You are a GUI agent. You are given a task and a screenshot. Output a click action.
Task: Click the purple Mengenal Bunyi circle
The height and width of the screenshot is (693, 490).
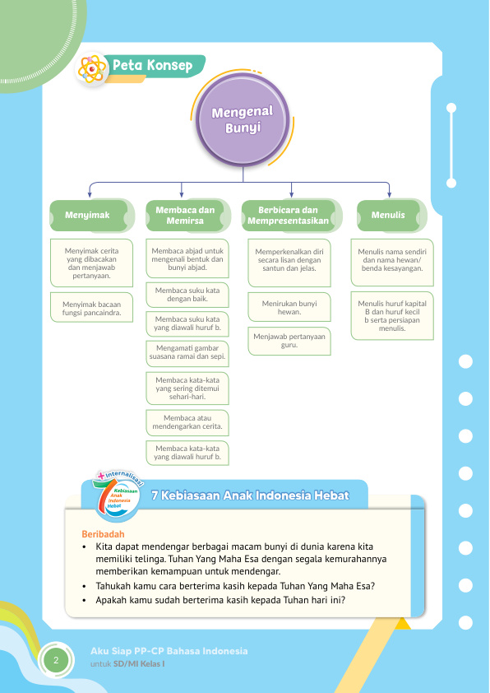click(x=243, y=120)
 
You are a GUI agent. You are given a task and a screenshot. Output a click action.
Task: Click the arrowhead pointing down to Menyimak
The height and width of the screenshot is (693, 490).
click(x=90, y=194)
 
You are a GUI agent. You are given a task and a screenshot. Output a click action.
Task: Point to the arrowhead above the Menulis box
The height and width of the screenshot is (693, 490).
click(x=389, y=194)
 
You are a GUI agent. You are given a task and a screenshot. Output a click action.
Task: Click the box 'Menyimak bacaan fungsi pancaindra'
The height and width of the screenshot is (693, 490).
click(x=91, y=308)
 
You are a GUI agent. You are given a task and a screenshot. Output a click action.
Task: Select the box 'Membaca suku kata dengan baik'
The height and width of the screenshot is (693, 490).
click(x=187, y=295)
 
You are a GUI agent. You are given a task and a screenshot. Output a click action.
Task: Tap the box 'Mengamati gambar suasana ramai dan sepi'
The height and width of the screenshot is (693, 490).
click(x=187, y=353)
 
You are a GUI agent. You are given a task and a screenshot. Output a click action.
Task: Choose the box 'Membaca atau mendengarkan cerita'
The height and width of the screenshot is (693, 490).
click(x=187, y=422)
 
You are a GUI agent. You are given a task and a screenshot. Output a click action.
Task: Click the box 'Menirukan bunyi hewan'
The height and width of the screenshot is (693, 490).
click(x=289, y=307)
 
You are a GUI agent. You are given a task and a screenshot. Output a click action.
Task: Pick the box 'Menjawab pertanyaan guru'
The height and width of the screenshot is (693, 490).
click(x=289, y=341)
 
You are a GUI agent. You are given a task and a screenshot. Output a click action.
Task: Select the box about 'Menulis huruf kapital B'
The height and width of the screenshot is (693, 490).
click(x=392, y=315)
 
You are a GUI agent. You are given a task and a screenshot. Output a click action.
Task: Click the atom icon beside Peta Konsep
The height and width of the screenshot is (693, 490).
click(x=92, y=69)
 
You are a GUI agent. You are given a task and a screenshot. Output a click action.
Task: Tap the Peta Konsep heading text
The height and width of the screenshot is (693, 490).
click(x=152, y=65)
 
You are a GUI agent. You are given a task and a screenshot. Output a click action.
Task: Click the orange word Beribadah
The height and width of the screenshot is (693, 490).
click(x=104, y=534)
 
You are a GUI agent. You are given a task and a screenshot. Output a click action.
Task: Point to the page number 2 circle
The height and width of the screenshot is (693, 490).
click(x=56, y=661)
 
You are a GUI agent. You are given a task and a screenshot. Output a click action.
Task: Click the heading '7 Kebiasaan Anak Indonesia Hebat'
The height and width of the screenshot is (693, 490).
click(x=250, y=495)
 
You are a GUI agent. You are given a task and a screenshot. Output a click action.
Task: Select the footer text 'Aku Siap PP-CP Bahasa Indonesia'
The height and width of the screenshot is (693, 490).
click(x=169, y=651)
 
